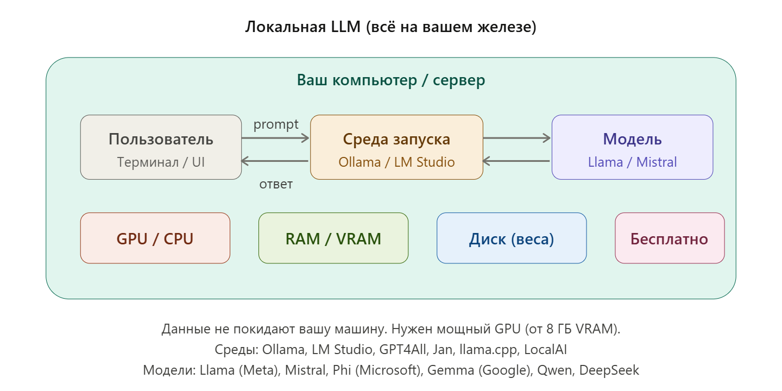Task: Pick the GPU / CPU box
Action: coord(155,238)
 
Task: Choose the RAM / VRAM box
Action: coord(333,238)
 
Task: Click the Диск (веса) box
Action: coord(512,238)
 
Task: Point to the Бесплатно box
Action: coord(669,238)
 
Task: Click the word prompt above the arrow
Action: coord(276,124)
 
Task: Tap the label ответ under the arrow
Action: coord(276,184)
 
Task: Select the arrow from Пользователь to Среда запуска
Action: coord(275,138)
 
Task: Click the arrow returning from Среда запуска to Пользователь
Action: coord(275,161)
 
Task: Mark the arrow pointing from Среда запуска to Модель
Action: coord(517,138)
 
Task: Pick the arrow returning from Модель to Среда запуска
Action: coord(517,161)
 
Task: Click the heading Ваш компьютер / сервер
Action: coord(390,80)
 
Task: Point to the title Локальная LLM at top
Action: coord(390,27)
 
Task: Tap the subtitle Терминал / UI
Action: coord(161,162)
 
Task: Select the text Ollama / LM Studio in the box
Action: coord(396,162)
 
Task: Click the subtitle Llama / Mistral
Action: coord(632,162)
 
